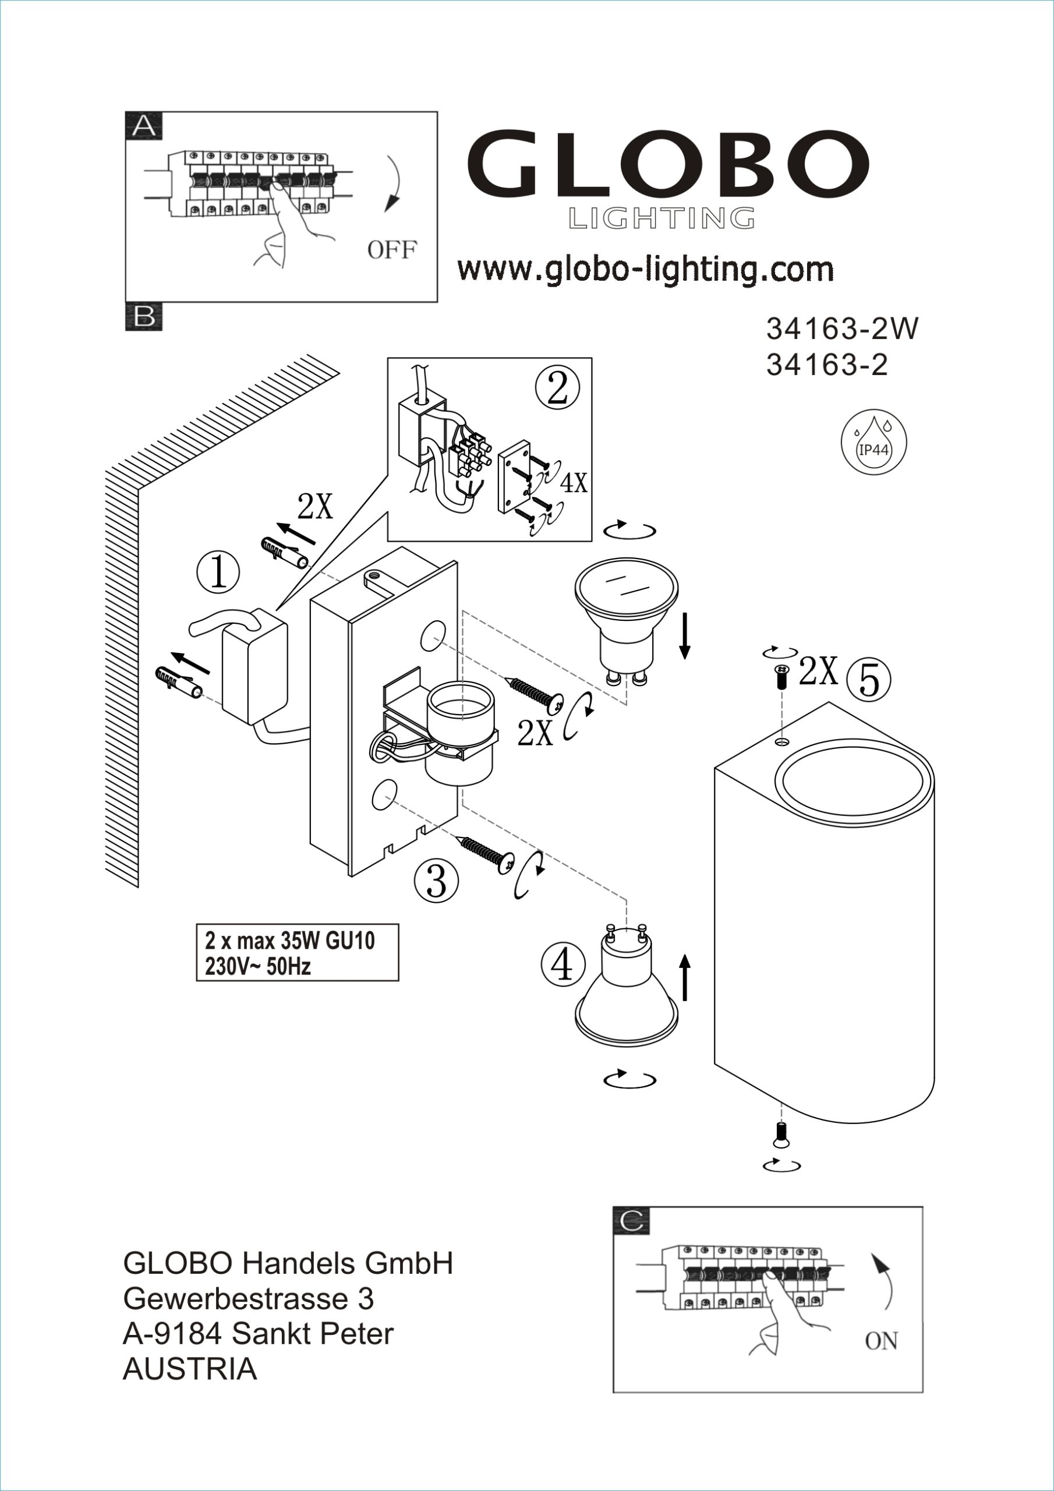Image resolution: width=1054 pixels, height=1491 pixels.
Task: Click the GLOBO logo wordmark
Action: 667,165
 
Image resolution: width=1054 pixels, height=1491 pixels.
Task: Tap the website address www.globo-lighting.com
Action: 645,269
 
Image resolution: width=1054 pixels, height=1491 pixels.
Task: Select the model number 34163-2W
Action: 842,329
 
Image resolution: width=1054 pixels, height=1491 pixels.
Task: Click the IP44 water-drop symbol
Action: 873,444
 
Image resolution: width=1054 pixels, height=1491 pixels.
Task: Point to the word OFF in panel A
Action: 391,249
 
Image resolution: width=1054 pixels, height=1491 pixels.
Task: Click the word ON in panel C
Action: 880,1340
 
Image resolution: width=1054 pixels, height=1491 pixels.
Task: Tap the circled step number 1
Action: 218,573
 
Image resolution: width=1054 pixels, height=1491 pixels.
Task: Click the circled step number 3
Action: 436,880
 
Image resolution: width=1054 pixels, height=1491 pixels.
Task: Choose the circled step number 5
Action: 869,680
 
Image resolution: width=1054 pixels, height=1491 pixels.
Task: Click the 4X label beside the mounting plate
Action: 574,483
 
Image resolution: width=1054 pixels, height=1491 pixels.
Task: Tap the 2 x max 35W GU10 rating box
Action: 297,953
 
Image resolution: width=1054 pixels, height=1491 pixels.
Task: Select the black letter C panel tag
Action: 631,1221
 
